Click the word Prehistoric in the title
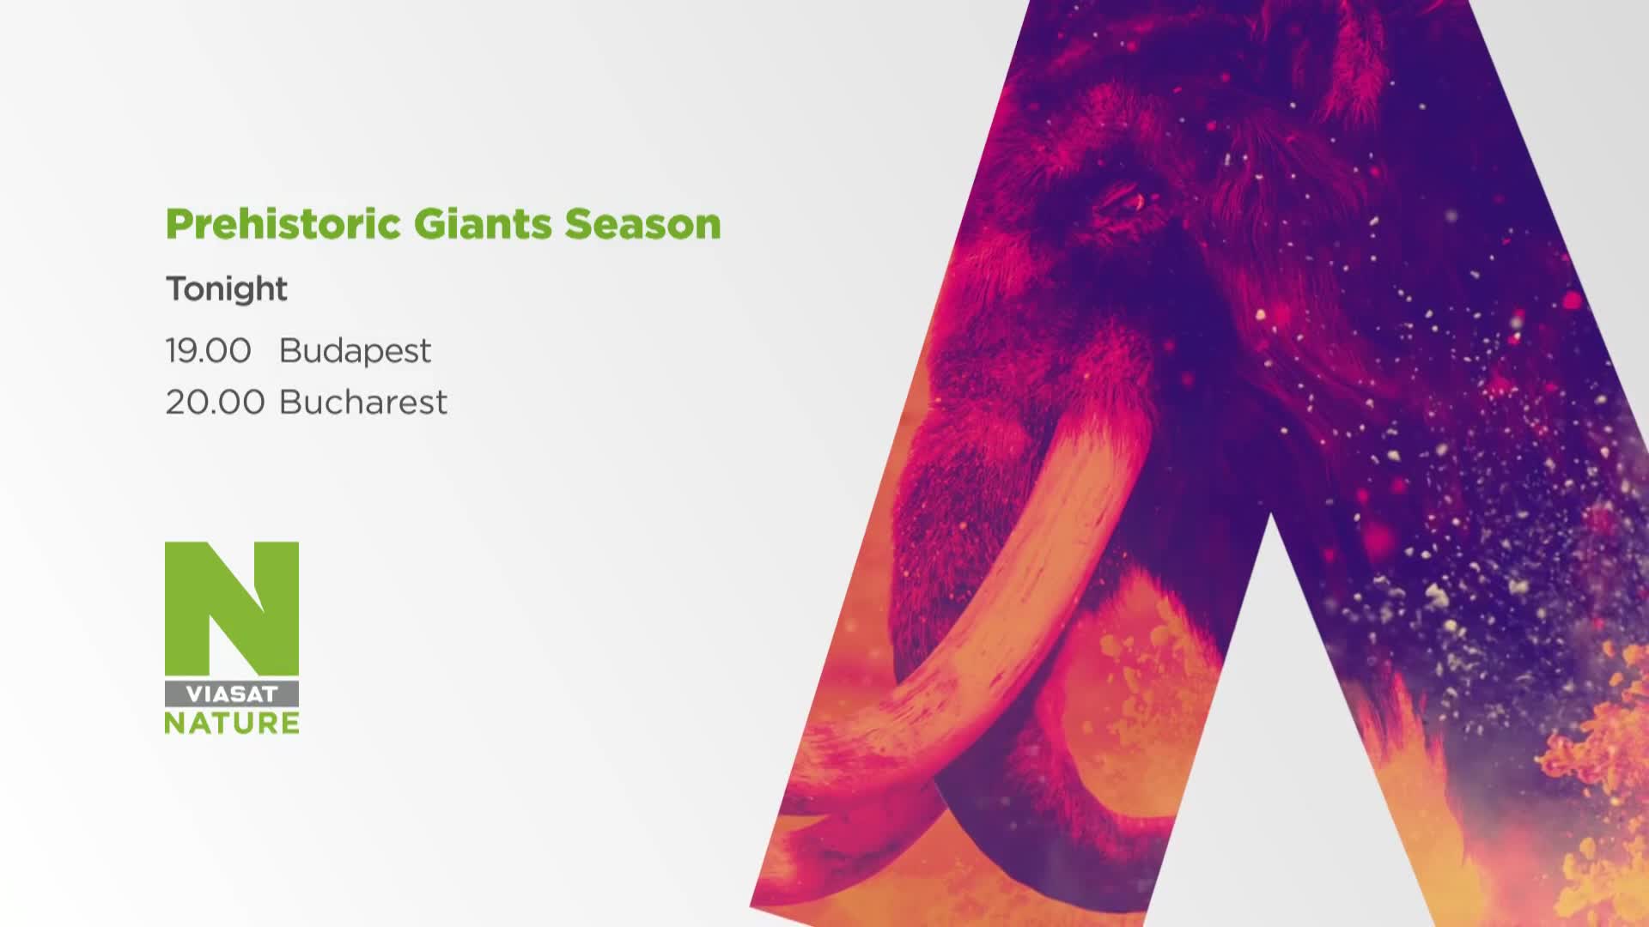click(x=283, y=225)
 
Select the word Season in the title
click(x=642, y=224)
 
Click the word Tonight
click(x=227, y=289)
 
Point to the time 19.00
click(x=209, y=350)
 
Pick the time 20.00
click(x=215, y=402)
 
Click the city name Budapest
click(x=355, y=351)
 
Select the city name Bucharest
click(x=363, y=402)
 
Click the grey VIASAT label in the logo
click(x=232, y=694)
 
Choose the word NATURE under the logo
click(x=232, y=723)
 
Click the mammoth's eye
click(x=1122, y=199)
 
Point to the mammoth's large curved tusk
click(x=1013, y=601)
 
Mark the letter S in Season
click(x=578, y=224)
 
